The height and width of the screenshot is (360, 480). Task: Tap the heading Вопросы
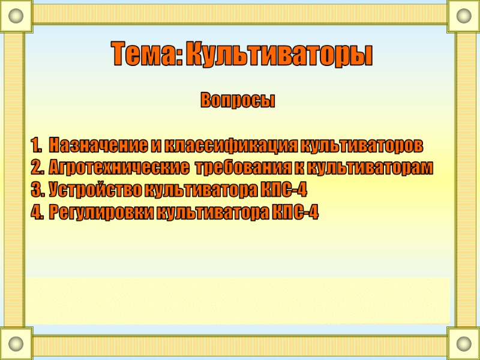(238, 101)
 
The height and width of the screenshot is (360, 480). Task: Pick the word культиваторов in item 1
(361, 145)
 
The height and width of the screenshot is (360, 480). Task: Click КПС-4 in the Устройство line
(284, 190)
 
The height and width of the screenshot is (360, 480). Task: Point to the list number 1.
(35, 145)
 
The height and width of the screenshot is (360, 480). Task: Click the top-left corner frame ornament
(16, 16)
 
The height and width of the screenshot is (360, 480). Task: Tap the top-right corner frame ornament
(464, 16)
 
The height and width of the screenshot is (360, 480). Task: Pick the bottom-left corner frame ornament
(16, 344)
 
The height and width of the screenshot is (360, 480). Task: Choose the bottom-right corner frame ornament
(464, 344)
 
